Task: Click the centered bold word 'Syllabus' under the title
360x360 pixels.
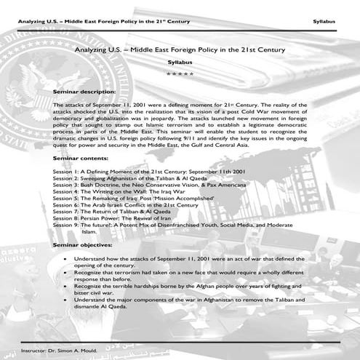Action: click(x=179, y=63)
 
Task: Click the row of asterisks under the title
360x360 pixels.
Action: click(x=179, y=73)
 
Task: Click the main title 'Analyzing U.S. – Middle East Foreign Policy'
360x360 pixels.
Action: click(x=179, y=49)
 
